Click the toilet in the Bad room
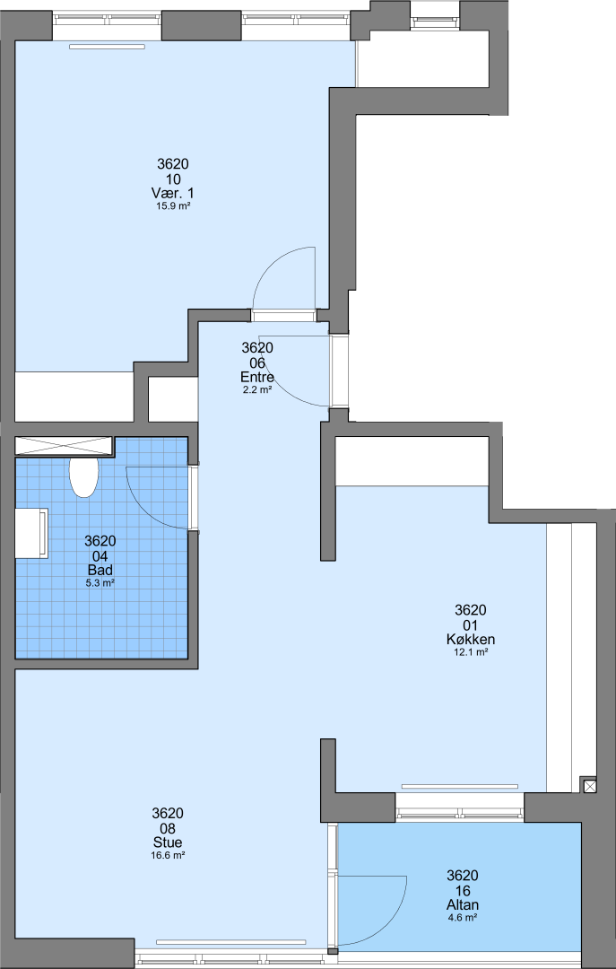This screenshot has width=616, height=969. coord(84,477)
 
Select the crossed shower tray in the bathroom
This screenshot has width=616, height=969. coord(65,446)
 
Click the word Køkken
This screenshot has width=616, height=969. coord(472,639)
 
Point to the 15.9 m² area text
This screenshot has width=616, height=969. coord(173,206)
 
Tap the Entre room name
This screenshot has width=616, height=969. coord(257,377)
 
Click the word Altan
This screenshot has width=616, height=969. coord(463,904)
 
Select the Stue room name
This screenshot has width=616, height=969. coord(168,842)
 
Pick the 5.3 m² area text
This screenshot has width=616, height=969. coord(100,582)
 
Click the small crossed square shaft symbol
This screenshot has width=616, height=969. coord(590,785)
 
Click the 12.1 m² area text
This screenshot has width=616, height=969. coord(472,651)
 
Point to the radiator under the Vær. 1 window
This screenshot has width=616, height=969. coord(107,47)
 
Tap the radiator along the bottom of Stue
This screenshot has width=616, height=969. coord(231,942)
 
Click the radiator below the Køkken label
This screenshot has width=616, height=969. coord(460,786)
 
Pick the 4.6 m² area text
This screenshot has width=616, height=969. coord(463,917)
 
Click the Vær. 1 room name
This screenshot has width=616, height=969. coord(173,194)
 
